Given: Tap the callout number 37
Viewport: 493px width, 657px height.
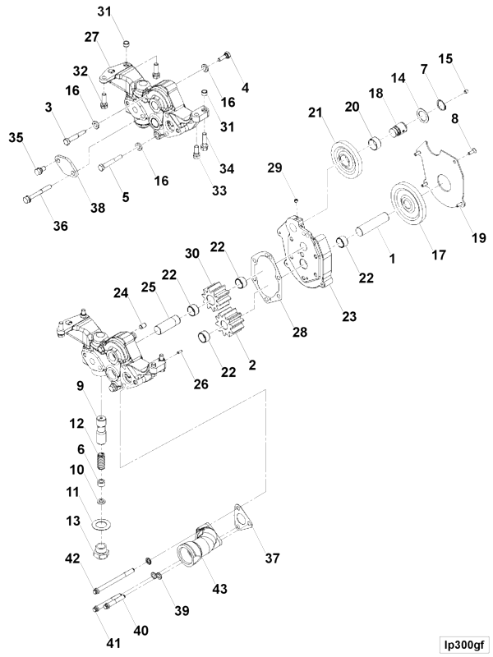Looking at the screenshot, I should click(x=271, y=558).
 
